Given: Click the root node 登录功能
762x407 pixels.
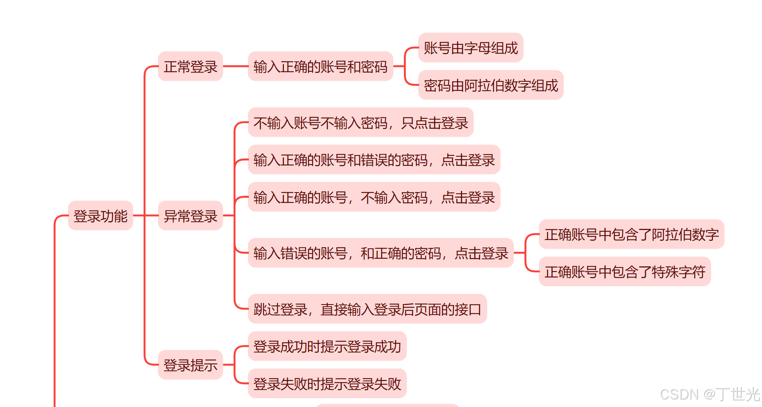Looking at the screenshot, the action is click(x=100, y=216).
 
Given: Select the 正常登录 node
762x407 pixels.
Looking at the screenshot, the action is click(x=190, y=66).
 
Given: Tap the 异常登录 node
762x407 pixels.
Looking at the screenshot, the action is click(x=190, y=216).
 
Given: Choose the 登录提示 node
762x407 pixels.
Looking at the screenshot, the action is click(x=190, y=365).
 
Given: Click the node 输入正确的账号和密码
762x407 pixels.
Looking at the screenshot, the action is click(x=320, y=66).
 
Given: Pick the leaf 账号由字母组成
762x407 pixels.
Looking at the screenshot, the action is click(x=471, y=48).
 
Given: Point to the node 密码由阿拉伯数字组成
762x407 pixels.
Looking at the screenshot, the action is click(x=490, y=85).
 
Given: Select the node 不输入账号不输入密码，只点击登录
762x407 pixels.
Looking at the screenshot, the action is click(x=360, y=122).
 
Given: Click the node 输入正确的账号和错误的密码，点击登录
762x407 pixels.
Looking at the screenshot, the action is click(x=374, y=159).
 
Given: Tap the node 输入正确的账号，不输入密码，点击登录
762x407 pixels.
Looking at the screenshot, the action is click(x=374, y=197).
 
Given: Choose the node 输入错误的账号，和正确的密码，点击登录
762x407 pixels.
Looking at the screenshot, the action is click(x=380, y=253).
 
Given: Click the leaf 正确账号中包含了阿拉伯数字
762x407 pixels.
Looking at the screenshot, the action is click(x=631, y=234).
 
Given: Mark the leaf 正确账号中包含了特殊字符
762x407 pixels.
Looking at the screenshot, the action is click(x=624, y=271).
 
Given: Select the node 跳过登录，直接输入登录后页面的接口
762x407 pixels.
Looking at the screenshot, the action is click(x=367, y=309).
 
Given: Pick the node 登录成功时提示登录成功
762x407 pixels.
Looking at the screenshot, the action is click(x=327, y=346).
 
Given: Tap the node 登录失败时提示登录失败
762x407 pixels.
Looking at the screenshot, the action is click(x=327, y=383).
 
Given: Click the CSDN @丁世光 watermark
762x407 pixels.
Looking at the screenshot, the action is click(x=710, y=394).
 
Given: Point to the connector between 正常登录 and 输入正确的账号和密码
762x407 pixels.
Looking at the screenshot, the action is click(x=235, y=66).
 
